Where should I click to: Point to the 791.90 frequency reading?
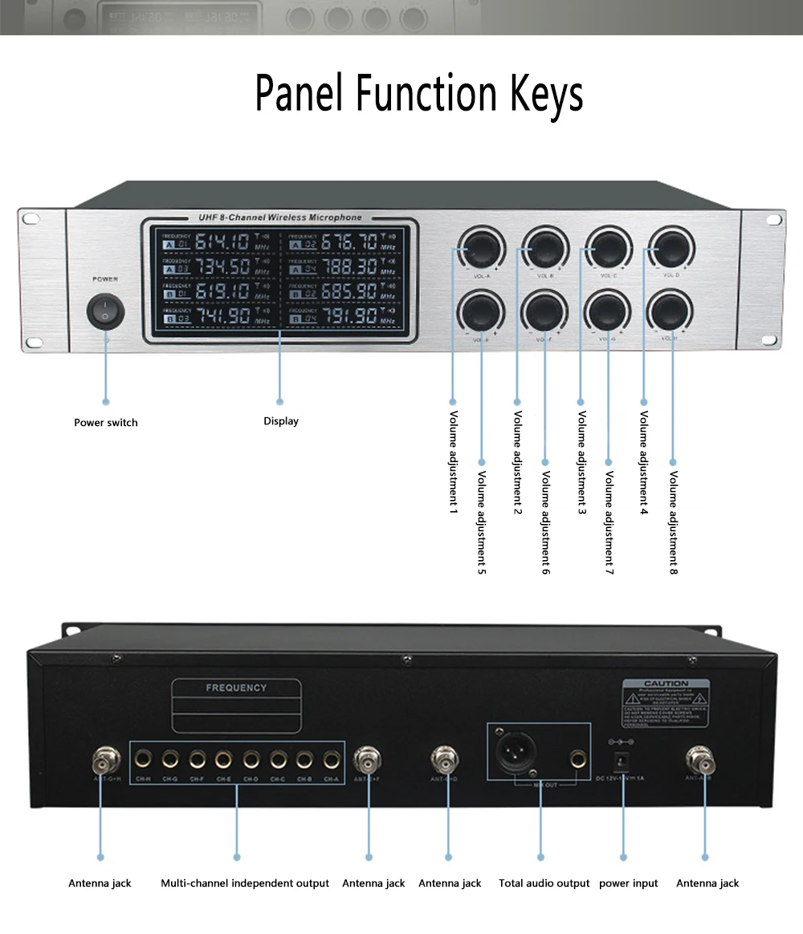(349, 315)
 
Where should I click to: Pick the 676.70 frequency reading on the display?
(349, 242)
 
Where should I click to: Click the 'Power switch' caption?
(105, 423)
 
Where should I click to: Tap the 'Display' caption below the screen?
(280, 421)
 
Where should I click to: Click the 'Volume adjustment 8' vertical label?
(674, 522)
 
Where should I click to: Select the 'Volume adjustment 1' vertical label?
(453, 462)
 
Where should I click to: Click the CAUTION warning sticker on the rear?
(666, 704)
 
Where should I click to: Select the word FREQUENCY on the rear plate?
(236, 688)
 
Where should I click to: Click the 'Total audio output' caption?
(544, 883)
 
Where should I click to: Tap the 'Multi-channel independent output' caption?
(244, 883)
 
